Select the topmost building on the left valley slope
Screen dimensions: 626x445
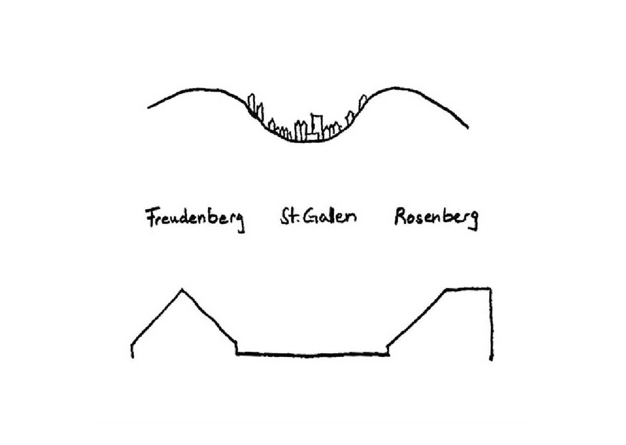(x=252, y=103)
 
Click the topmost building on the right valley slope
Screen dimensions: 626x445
(x=363, y=101)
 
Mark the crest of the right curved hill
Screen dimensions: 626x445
(x=394, y=88)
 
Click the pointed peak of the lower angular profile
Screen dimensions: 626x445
(x=182, y=289)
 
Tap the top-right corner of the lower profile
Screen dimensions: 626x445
(x=490, y=288)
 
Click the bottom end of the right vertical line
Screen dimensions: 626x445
(x=491, y=359)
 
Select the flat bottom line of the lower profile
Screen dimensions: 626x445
(x=313, y=354)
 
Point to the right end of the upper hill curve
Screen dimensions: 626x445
(x=467, y=127)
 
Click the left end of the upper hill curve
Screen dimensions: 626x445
(x=149, y=108)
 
